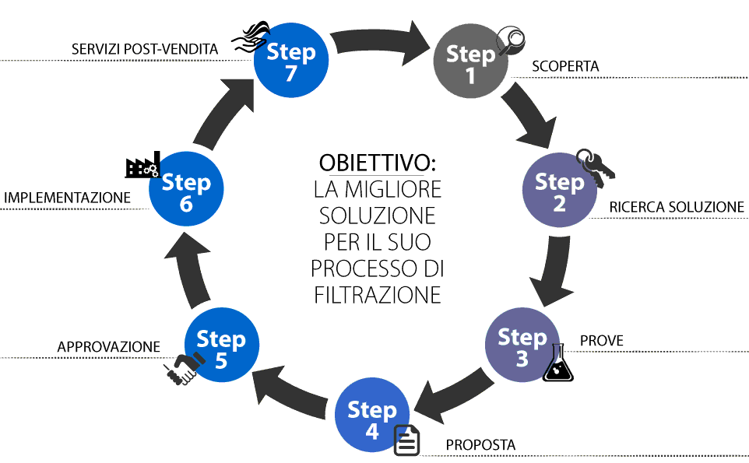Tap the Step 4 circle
pos(372,419)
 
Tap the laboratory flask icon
pos(558,364)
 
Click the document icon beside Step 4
pos(407,440)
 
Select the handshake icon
pos(181,369)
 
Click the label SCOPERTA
pos(565,67)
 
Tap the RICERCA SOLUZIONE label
pos(677,207)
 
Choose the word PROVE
pos(602,341)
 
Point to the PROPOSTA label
pos(480,445)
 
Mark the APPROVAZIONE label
pos(109,347)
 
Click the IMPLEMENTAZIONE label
pos(68,198)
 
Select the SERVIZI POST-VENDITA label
pos(144,49)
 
